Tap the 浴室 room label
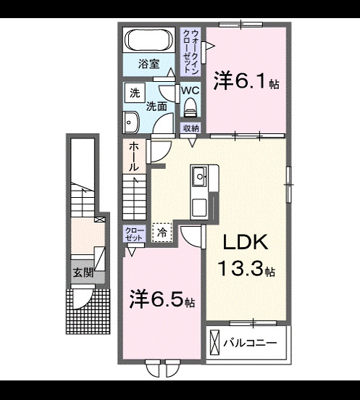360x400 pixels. [x=148, y=64]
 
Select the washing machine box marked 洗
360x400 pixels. [x=134, y=93]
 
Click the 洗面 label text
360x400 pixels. [x=156, y=106]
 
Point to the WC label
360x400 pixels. [x=191, y=91]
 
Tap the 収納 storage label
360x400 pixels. [x=191, y=128]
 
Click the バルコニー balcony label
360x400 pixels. [x=249, y=341]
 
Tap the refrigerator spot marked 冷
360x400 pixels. [x=163, y=233]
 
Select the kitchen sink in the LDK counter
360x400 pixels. [x=200, y=175]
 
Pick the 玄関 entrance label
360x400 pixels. [x=83, y=273]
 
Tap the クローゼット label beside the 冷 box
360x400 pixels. [x=134, y=233]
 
